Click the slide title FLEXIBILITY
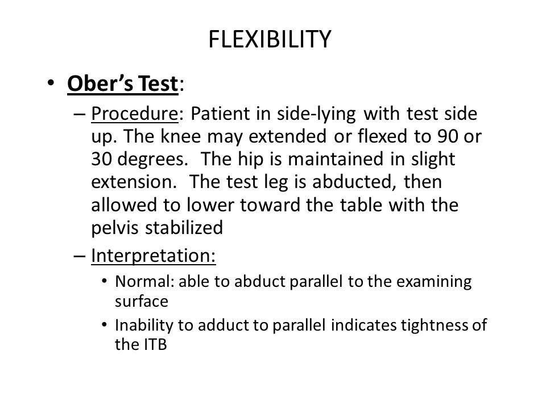270,39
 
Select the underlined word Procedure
135,114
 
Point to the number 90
448,136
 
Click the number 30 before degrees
101,159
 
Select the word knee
180,136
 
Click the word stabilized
184,228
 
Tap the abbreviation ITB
155,345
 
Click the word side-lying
316,114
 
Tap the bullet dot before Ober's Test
51,83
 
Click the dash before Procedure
80,114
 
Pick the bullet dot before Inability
104,325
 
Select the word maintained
336,159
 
